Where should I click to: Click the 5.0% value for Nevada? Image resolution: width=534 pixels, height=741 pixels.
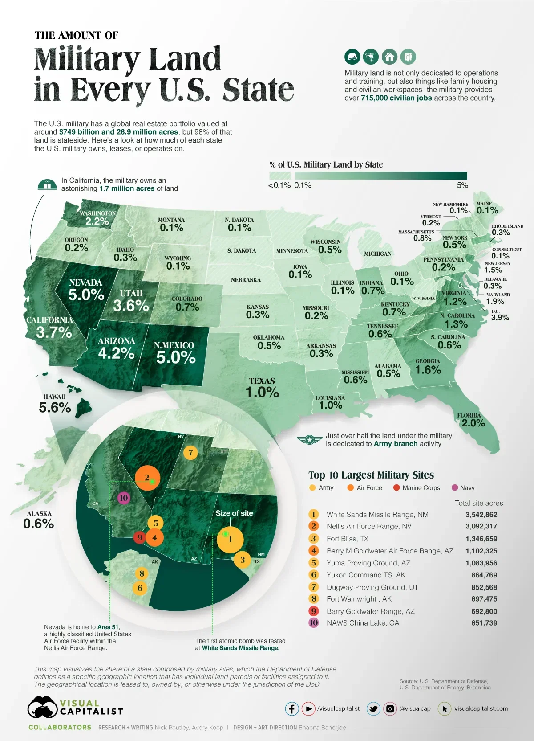[86, 295]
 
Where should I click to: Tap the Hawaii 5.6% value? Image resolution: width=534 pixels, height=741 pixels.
[55, 407]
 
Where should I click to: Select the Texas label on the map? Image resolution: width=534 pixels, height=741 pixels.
[262, 381]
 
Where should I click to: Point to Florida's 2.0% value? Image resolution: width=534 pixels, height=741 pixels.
[473, 423]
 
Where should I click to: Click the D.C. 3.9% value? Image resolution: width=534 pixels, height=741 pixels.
[500, 318]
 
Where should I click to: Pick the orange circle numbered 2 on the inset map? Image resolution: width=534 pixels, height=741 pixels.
[147, 478]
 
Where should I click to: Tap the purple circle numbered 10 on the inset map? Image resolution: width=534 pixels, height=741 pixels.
[124, 498]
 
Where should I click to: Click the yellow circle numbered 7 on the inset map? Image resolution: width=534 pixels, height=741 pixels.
[190, 453]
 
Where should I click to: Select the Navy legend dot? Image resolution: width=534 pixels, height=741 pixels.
[455, 488]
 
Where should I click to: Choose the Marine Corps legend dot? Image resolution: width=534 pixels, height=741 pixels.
[397, 488]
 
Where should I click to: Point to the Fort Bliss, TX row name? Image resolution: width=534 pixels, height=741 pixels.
[347, 539]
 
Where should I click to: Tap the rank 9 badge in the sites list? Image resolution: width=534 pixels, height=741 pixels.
[314, 611]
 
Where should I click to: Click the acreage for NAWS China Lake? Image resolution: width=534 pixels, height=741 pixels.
[484, 623]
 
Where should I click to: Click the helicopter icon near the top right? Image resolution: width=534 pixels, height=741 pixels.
[371, 57]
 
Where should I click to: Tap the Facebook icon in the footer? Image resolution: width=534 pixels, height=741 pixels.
[291, 708]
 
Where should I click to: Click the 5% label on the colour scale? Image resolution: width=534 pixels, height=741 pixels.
[462, 185]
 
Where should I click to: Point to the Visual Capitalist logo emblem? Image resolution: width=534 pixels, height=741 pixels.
[42, 707]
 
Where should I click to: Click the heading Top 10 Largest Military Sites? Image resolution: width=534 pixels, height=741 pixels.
[371, 475]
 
